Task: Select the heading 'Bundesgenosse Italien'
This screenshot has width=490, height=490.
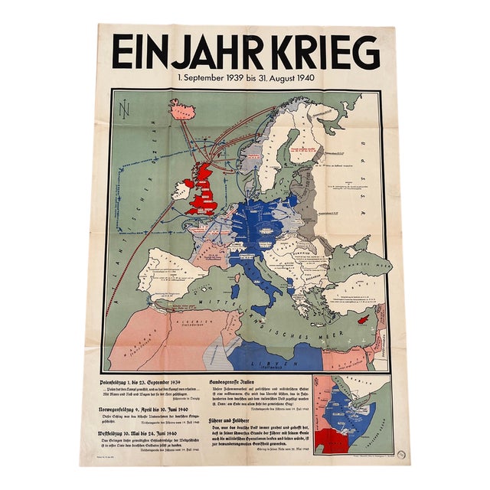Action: coord(234,380)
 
